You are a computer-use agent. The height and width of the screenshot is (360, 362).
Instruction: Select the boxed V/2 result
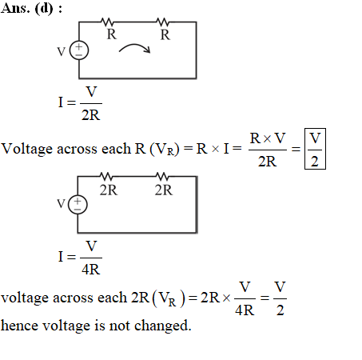point(315,149)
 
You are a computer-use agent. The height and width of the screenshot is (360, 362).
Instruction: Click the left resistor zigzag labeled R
point(107,22)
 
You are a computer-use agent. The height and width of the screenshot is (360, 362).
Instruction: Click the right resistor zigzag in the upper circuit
point(162,22)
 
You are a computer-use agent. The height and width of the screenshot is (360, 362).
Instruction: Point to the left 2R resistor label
point(109,190)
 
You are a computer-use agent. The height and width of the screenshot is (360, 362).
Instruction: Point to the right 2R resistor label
point(164,190)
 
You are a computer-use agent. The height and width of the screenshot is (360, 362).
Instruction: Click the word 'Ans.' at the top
point(15,8)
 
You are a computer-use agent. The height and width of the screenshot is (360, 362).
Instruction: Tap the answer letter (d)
point(44,9)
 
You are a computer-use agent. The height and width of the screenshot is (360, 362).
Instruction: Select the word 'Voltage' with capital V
point(26,149)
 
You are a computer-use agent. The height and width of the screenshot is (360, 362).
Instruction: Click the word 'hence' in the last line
point(19,326)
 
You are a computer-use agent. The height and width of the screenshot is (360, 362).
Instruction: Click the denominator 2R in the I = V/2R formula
point(91,115)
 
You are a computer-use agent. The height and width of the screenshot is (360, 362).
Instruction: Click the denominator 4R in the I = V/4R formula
point(91,270)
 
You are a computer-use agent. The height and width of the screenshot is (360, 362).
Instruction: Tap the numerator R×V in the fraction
point(268,138)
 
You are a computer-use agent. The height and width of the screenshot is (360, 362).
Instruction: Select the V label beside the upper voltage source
point(62,52)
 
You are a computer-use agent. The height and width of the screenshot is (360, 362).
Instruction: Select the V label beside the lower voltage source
point(61,204)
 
